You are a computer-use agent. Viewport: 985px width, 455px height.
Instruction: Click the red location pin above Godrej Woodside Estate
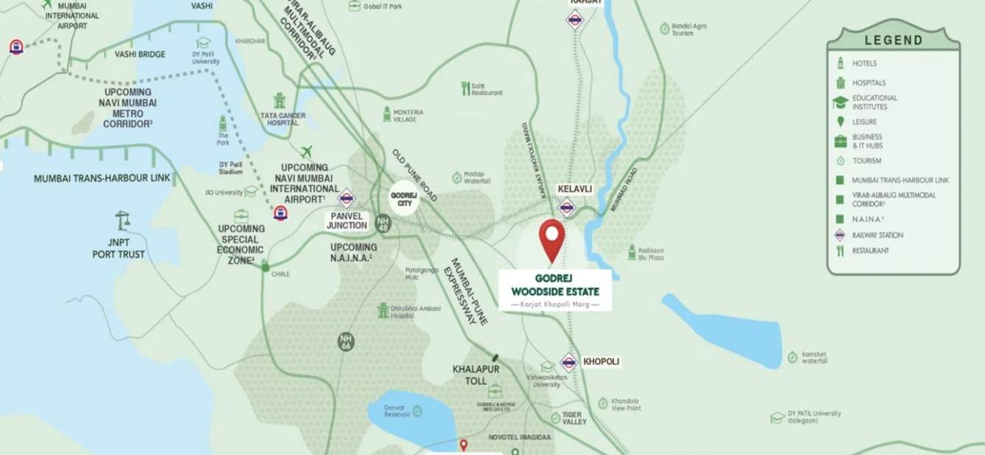point(551,237)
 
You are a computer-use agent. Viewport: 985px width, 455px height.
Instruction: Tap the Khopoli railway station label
point(601,362)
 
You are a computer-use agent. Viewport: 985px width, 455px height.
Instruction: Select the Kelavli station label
point(575,190)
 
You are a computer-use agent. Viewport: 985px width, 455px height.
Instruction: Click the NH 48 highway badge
point(382,223)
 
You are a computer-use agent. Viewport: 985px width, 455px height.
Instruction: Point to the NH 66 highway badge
point(346,341)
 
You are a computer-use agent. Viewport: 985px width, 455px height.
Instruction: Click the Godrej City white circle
point(404,198)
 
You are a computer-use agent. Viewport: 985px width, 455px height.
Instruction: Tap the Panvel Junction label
point(347,220)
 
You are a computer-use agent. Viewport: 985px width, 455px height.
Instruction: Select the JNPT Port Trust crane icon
point(122,220)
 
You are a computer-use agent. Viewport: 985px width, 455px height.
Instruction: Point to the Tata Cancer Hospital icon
point(279,101)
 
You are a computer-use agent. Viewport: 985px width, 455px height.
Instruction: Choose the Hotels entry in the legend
point(864,63)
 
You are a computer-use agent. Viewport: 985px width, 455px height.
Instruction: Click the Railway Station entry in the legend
point(877,235)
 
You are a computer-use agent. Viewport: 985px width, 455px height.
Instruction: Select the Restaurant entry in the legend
point(871,251)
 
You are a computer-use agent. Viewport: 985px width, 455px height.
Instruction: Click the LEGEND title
point(894,41)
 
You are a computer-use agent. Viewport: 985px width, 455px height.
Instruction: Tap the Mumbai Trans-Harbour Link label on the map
point(102,178)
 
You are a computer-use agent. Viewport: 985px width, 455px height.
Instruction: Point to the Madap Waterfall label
point(477,177)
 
